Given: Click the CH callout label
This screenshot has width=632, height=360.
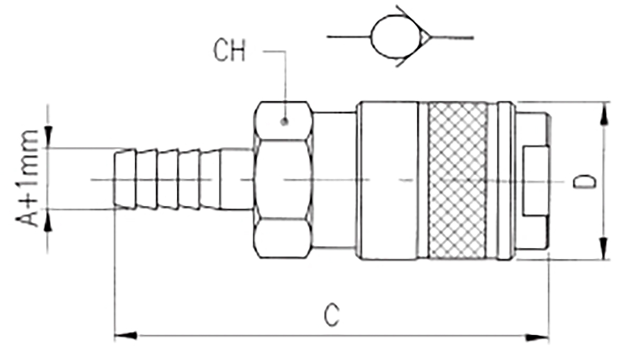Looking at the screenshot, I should [229, 51].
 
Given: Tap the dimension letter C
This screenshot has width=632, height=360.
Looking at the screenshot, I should [331, 315].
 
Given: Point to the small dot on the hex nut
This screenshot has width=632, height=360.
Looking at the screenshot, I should [284, 122].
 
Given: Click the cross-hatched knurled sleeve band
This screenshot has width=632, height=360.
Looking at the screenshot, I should [458, 180].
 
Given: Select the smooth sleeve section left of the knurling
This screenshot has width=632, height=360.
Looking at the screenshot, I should [387, 180].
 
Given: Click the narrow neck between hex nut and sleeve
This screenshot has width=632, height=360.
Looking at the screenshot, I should [335, 180].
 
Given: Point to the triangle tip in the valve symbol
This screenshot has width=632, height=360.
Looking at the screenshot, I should [425, 37].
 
